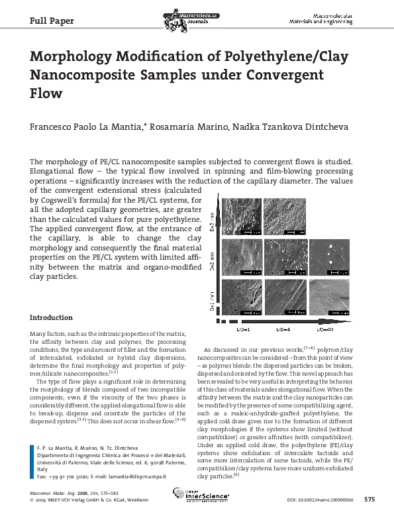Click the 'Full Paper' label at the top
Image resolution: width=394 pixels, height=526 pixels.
(52, 21)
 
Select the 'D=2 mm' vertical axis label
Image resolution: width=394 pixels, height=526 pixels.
(212, 269)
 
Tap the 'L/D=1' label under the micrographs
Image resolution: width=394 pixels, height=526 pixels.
(242, 328)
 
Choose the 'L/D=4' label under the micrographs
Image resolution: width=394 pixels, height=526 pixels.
(283, 328)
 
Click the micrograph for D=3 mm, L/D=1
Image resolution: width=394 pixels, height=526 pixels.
(242, 217)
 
